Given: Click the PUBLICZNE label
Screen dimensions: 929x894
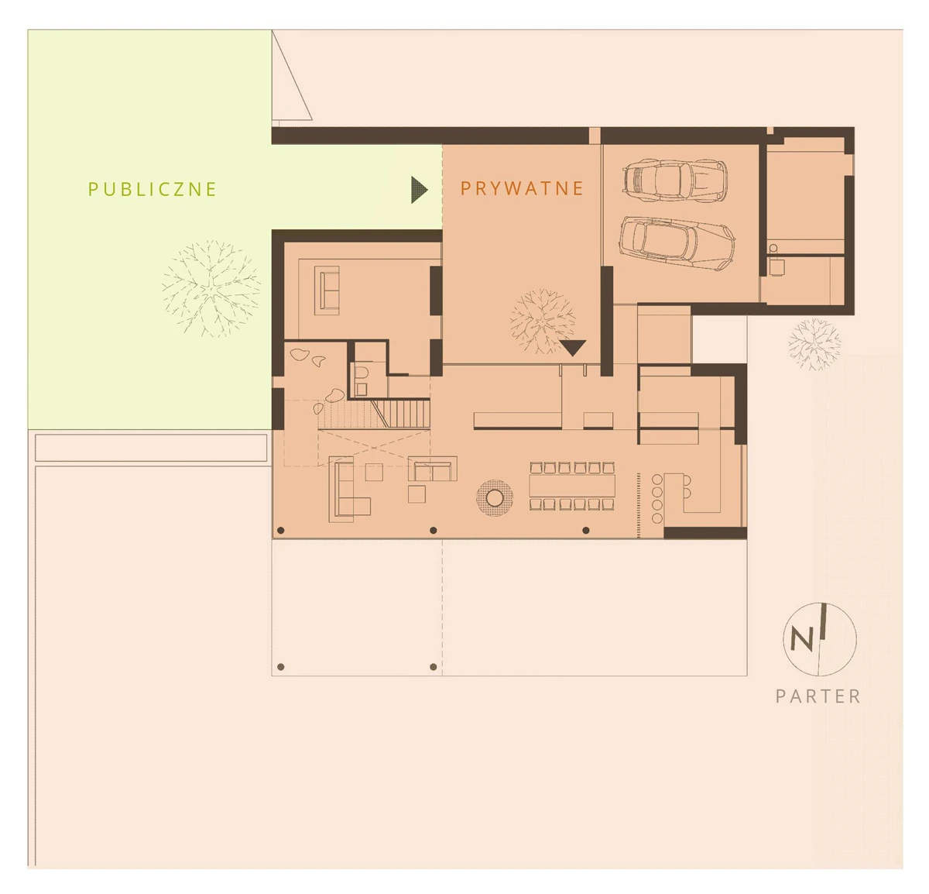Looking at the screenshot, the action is (153, 189).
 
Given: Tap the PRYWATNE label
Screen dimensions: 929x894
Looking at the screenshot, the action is (522, 188).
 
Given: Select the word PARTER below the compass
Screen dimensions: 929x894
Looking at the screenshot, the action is (818, 696).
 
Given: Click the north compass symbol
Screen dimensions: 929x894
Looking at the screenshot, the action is (820, 639).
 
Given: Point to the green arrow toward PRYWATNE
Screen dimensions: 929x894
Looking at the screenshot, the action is (419, 190).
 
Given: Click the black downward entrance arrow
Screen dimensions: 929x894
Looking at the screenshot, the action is (572, 348).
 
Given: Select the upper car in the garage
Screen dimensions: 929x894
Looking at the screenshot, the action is (675, 181).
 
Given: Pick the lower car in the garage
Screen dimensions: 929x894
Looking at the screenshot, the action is (677, 243).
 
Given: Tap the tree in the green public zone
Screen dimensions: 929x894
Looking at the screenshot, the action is (211, 289).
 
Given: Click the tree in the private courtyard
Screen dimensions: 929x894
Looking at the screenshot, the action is (543, 321).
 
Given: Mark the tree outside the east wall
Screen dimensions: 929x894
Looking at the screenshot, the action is (814, 345).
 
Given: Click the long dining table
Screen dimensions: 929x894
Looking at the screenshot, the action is (572, 486).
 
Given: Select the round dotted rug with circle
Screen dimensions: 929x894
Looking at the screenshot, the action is (495, 498).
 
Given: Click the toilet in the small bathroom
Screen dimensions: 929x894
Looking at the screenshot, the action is (362, 372).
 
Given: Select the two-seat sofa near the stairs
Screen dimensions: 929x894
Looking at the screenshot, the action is (433, 469).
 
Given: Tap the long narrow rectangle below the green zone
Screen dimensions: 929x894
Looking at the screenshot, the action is (151, 448).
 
